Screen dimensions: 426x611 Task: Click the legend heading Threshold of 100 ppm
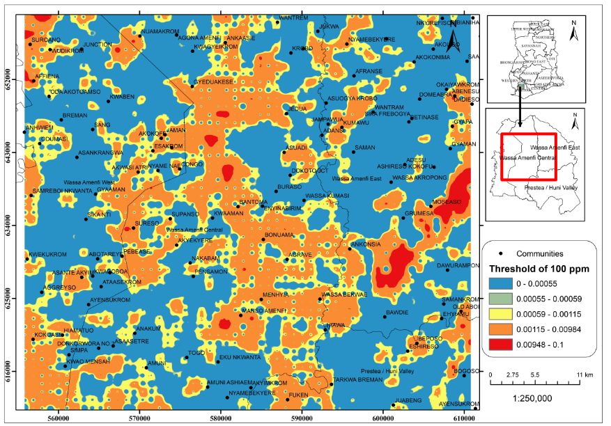(539, 269)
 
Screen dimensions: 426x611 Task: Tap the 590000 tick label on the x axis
(302, 420)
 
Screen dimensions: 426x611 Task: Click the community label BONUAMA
(281, 235)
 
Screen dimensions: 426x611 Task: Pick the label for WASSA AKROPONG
(419, 178)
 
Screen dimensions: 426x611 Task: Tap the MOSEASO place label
(447, 202)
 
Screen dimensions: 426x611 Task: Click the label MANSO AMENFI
(263, 310)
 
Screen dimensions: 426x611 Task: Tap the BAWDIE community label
(397, 313)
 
